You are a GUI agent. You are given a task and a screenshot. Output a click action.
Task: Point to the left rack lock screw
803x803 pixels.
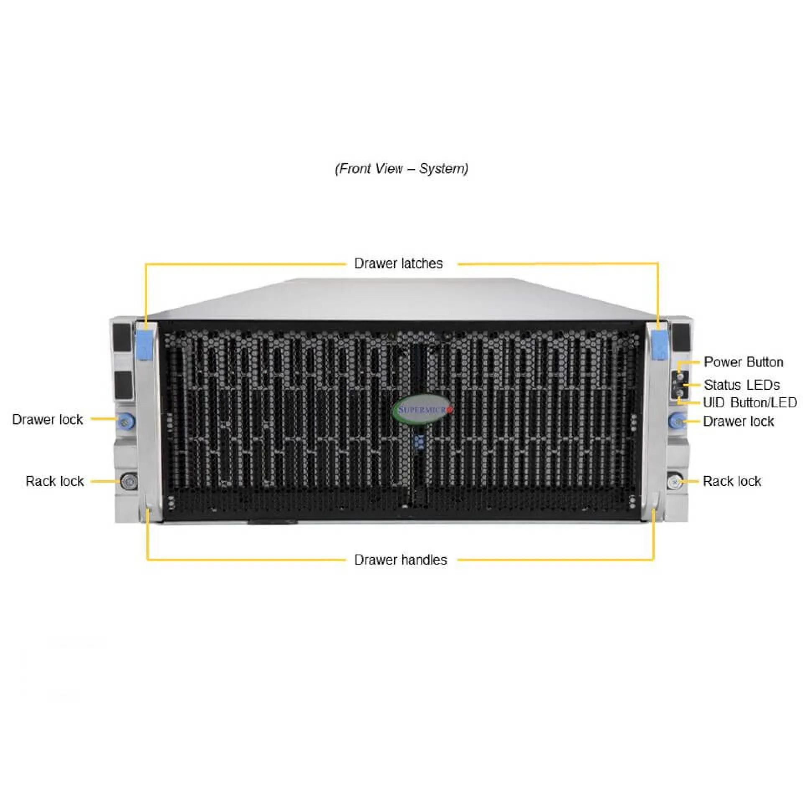click(128, 481)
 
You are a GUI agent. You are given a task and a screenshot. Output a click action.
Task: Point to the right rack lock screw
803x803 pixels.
click(674, 482)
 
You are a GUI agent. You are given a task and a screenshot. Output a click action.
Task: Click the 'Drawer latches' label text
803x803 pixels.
click(398, 263)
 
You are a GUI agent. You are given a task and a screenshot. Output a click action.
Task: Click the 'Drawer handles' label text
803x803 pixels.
click(400, 560)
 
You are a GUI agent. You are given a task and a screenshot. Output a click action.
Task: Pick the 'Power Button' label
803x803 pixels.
click(744, 362)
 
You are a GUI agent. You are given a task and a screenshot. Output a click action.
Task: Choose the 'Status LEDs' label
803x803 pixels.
click(742, 385)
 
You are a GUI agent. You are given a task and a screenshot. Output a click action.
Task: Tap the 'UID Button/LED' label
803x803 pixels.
click(750, 403)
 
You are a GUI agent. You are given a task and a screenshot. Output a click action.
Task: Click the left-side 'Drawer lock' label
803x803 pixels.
click(47, 419)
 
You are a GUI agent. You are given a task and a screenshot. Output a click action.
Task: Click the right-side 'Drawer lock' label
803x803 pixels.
click(739, 421)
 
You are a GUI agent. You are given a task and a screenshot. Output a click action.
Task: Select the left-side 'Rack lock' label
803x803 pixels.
click(54, 481)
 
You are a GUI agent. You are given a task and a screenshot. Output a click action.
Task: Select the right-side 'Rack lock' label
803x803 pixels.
click(732, 481)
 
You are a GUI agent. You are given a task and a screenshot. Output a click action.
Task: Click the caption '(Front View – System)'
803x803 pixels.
click(401, 169)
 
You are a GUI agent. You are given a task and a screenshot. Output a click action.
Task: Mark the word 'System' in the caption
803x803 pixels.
click(442, 169)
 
